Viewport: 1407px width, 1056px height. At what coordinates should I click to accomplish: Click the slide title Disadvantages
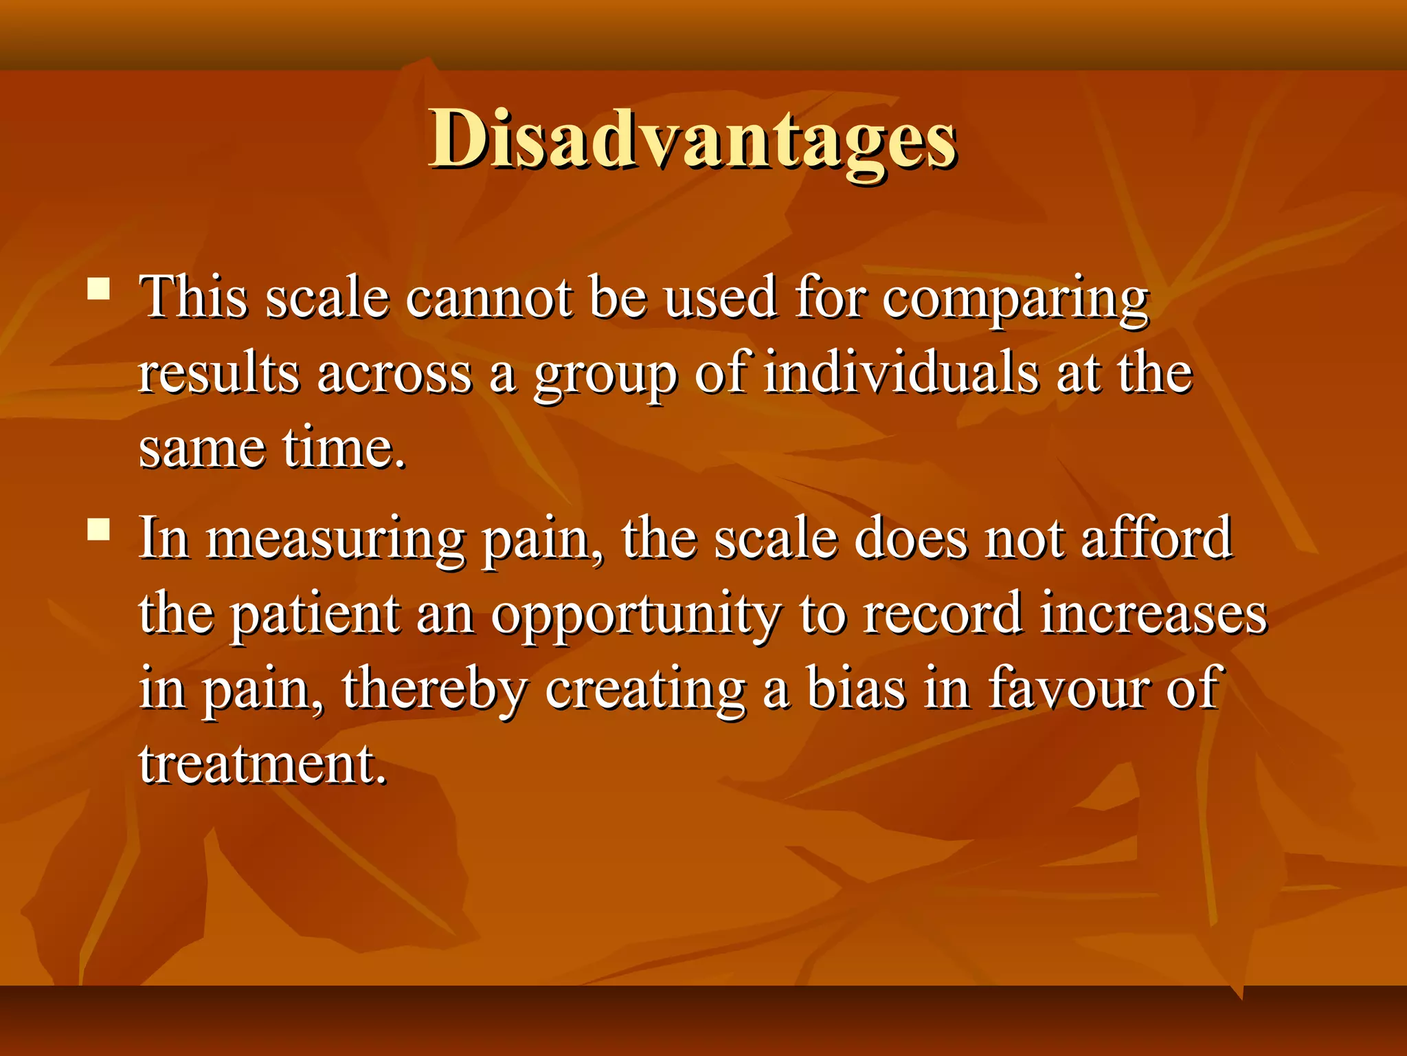693,140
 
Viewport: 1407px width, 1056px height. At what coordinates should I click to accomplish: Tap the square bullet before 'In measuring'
100,529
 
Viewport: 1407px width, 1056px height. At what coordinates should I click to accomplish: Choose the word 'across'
394,375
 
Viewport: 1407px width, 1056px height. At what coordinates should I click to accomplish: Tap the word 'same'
201,450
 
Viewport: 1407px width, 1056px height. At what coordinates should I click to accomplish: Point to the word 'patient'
315,614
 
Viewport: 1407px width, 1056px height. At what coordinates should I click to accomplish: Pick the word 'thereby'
434,690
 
